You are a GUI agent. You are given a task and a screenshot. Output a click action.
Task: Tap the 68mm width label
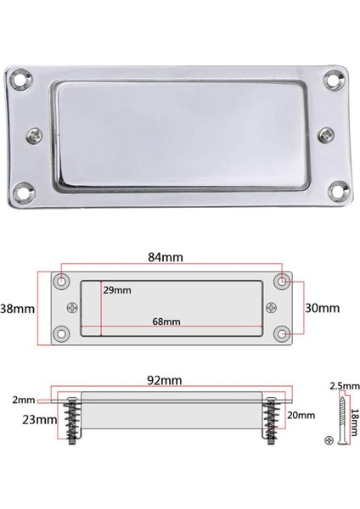(167, 322)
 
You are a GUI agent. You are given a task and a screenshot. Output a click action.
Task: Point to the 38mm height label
(17, 308)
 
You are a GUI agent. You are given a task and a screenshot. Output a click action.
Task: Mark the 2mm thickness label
(24, 399)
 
